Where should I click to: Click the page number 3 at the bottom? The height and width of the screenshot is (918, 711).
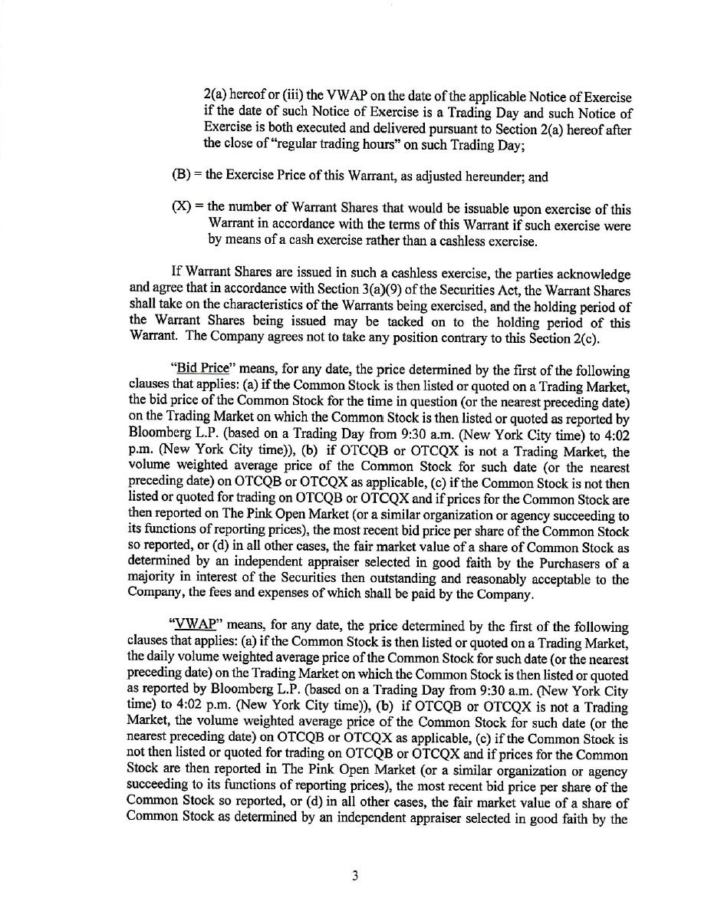[355, 876]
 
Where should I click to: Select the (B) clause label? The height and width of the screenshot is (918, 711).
[181, 176]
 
